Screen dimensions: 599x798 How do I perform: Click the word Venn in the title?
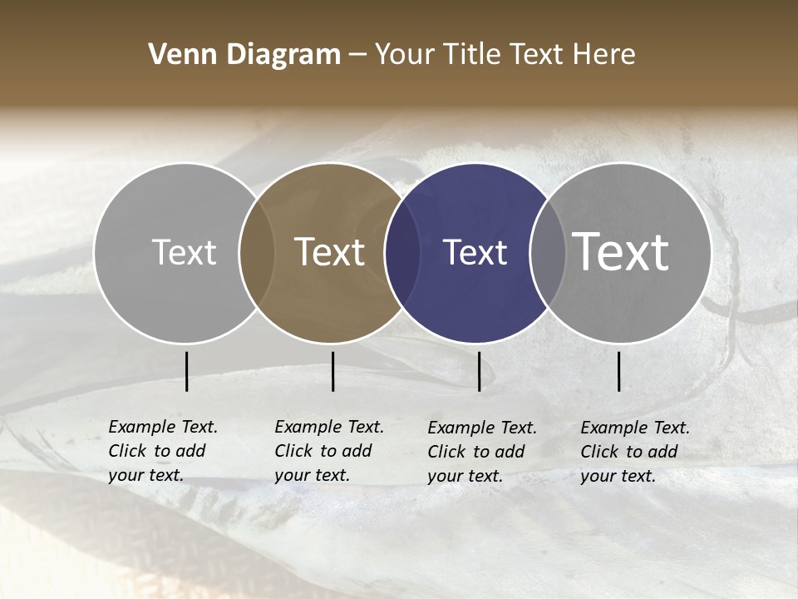pyautogui.click(x=172, y=55)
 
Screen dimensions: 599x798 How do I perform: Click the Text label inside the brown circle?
pyautogui.click(x=330, y=252)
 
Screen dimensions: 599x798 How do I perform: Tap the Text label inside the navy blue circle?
pyautogui.click(x=475, y=253)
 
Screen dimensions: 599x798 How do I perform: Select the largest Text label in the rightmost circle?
pyautogui.click(x=621, y=251)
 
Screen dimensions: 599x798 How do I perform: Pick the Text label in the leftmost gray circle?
pyautogui.click(x=184, y=252)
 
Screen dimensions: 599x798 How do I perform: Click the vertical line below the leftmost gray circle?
pyautogui.click(x=186, y=371)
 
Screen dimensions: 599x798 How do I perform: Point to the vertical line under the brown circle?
pyautogui.click(x=332, y=371)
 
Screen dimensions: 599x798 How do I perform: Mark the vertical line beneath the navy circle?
pyautogui.click(x=479, y=371)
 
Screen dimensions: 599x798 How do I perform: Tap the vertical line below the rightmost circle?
pyautogui.click(x=619, y=371)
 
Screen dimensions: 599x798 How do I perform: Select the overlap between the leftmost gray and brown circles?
pyautogui.click(x=257, y=253)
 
